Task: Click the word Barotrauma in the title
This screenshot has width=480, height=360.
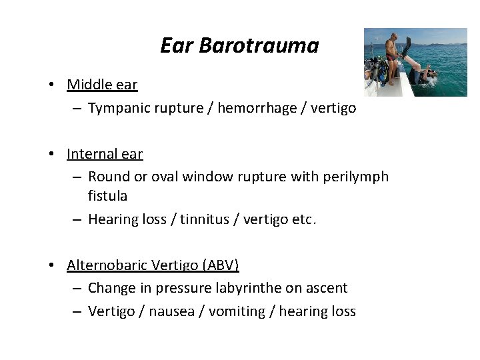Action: [259, 45]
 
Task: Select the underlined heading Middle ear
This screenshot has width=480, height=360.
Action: [102, 85]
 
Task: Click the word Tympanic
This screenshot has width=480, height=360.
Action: [117, 107]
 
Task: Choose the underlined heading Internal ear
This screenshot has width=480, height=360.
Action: [105, 154]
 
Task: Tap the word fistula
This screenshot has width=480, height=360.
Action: [107, 196]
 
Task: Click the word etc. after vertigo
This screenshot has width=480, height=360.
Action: [305, 219]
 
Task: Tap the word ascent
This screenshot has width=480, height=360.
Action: [327, 288]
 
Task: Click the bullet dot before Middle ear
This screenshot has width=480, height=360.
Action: [51, 85]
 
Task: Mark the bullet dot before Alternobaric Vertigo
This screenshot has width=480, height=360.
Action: [51, 266]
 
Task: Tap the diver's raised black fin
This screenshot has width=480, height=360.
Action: [406, 46]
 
